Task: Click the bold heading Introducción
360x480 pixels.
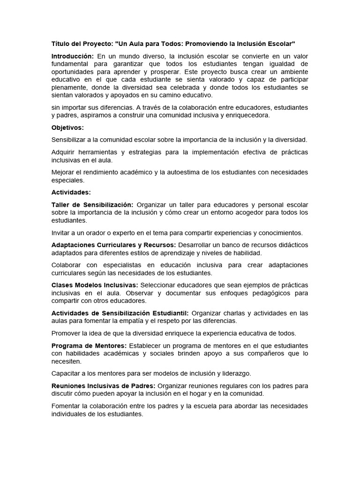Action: [x=73, y=56]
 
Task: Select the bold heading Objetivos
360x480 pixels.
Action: [x=67, y=127]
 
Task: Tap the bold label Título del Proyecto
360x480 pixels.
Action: [x=81, y=44]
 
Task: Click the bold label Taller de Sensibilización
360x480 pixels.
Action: [x=92, y=205]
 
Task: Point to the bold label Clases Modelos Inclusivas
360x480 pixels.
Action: [x=95, y=285]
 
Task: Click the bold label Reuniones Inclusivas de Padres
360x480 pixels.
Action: [x=103, y=386]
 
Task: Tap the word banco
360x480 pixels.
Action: [x=225, y=245]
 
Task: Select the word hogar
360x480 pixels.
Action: [x=203, y=394]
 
